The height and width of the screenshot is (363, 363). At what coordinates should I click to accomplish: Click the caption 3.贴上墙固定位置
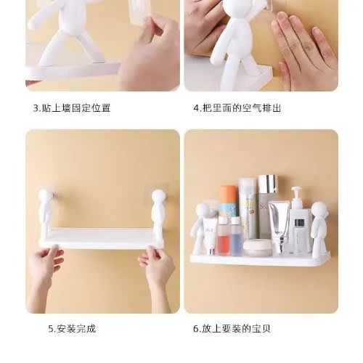click(72, 108)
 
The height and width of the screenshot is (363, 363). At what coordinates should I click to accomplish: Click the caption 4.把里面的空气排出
click(237, 108)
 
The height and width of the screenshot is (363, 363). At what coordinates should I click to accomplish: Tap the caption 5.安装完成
click(72, 329)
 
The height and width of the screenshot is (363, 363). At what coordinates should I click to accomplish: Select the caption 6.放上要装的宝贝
click(232, 329)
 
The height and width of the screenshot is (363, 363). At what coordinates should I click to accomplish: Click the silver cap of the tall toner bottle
click(267, 184)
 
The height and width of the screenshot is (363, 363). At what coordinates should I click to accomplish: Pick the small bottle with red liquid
click(224, 235)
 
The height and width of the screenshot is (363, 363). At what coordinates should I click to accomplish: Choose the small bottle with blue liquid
click(236, 236)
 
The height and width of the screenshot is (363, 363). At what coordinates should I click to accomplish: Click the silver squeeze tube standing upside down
click(280, 227)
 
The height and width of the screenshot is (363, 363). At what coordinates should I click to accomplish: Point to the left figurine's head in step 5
click(45, 196)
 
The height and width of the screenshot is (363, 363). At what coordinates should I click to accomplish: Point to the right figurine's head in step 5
click(158, 197)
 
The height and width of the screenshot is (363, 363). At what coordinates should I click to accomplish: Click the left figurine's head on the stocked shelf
click(203, 211)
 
